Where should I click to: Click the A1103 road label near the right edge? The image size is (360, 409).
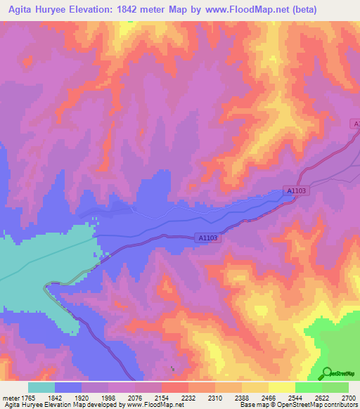tap(297, 190)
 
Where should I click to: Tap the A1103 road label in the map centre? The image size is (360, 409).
tap(209, 238)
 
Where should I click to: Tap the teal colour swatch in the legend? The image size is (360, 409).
tap(41, 387)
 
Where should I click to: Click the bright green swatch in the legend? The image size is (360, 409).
tap(308, 387)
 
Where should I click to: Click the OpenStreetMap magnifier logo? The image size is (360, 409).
tap(327, 372)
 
